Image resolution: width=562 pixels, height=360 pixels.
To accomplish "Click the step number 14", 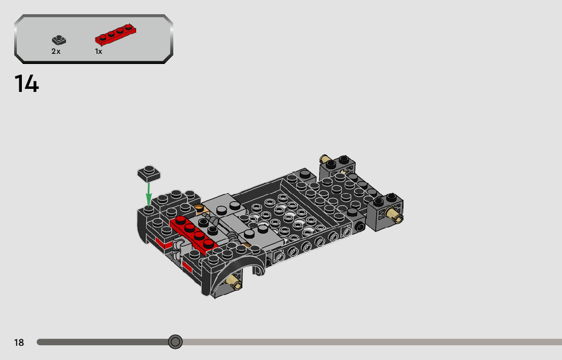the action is (x=26, y=84).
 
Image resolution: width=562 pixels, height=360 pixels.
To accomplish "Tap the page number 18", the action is (x=19, y=342).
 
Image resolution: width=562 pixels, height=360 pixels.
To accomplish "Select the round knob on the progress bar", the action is (x=175, y=342).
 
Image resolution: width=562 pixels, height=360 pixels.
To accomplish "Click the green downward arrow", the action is (x=148, y=194).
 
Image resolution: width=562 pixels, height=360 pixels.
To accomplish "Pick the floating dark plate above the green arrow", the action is (x=149, y=173).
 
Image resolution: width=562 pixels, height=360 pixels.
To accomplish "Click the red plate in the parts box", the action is (x=115, y=35).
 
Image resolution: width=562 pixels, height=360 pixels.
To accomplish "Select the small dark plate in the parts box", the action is (x=59, y=40).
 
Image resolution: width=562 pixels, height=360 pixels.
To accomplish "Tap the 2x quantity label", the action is (x=56, y=52).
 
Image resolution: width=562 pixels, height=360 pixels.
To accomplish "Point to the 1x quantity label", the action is (x=99, y=52).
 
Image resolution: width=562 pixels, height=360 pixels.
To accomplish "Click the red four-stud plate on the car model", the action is (x=194, y=234).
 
